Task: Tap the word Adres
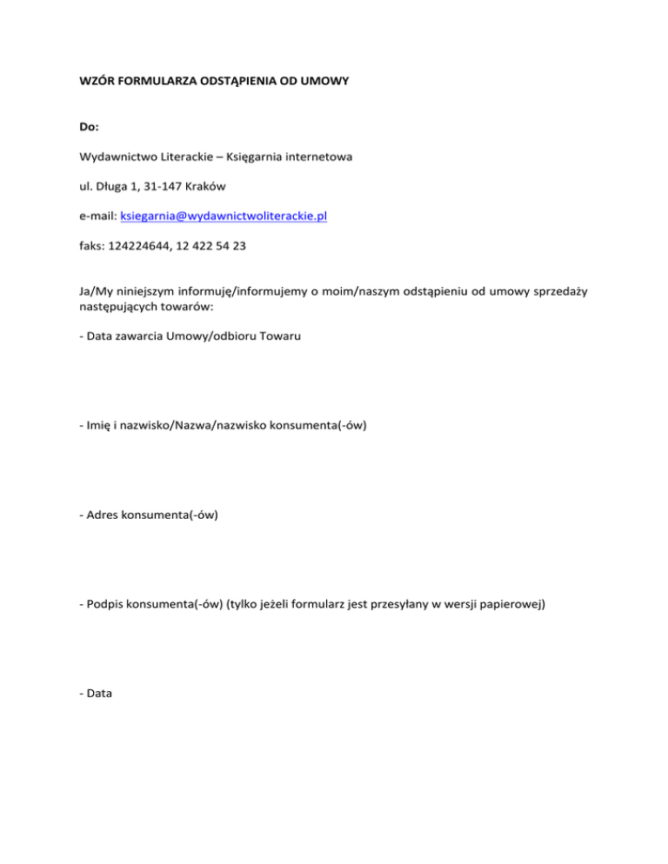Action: click(x=103, y=515)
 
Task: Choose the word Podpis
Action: click(x=105, y=605)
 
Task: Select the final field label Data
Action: click(x=101, y=695)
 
